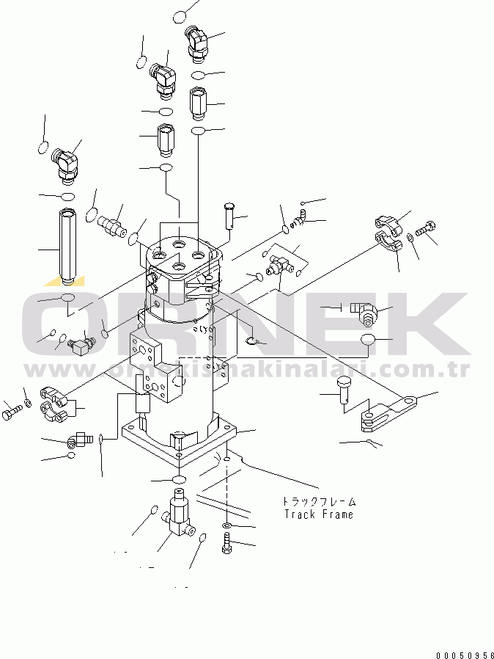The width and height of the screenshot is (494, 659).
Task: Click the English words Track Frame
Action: click(x=318, y=514)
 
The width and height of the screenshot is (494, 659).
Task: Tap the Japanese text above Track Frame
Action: click(x=319, y=502)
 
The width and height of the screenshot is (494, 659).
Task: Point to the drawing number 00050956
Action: click(x=465, y=653)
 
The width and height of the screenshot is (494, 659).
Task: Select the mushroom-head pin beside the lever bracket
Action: click(x=344, y=386)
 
